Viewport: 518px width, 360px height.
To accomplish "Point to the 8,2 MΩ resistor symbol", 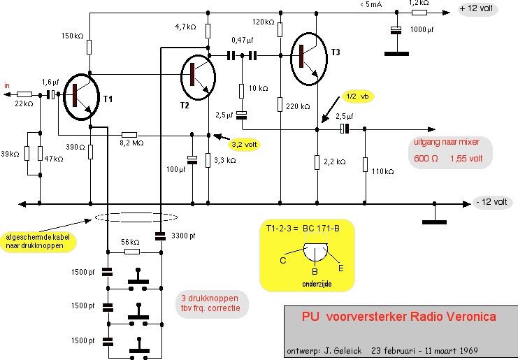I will [129, 134].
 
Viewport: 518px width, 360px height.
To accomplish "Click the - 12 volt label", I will [493, 202].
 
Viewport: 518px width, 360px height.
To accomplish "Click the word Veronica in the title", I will [468, 317].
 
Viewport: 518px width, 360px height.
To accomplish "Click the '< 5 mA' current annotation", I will [370, 5].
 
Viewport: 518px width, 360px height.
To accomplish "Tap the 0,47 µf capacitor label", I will [243, 41].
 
